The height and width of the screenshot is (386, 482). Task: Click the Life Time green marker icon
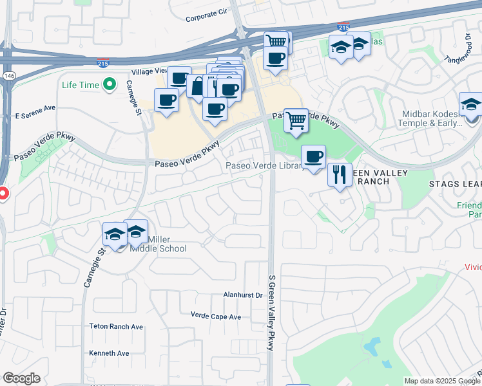pos(110,84)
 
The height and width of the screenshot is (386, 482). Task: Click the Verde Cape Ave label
pos(216,316)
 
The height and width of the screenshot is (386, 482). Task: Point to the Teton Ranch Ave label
pos(116,327)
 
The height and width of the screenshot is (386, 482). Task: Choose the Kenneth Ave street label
pos(110,353)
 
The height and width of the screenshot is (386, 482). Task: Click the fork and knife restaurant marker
pos(339,173)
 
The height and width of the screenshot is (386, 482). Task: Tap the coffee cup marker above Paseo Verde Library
pos(313,156)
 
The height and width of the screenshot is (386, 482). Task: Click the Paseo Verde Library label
pos(265,166)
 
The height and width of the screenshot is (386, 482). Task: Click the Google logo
pos(21,378)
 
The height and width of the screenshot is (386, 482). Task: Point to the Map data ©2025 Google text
pos(441,381)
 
